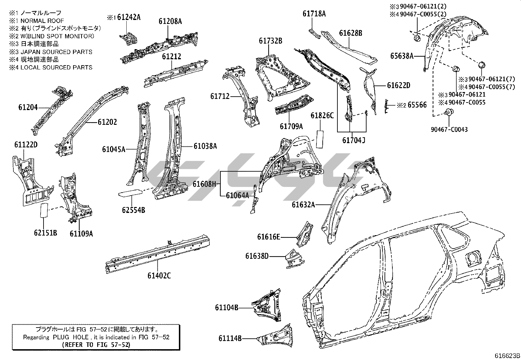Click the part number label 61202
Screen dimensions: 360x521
click(107, 122)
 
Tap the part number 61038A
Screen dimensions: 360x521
click(205, 146)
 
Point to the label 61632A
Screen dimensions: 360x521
click(303, 205)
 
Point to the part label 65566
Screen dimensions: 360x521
click(417, 105)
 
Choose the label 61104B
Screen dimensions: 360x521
click(226, 307)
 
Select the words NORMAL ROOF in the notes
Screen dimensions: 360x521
click(42, 21)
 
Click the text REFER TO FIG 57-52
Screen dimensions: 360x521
click(96, 345)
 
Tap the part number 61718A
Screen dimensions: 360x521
click(314, 14)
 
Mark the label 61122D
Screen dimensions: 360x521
click(26, 144)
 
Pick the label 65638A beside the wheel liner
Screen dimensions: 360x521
click(402, 56)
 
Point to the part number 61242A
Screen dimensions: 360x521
click(129, 17)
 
